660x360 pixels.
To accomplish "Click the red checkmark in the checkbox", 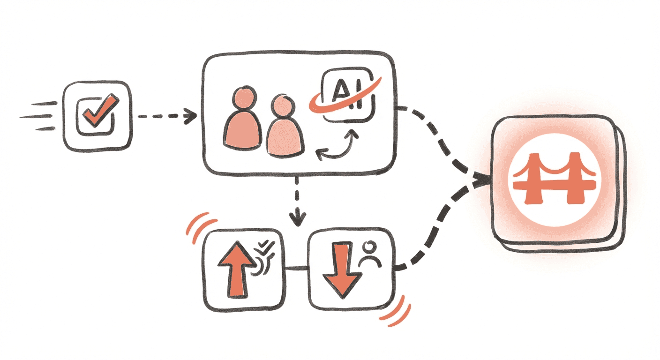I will (98, 111).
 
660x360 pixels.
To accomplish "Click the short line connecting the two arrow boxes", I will (297, 268).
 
